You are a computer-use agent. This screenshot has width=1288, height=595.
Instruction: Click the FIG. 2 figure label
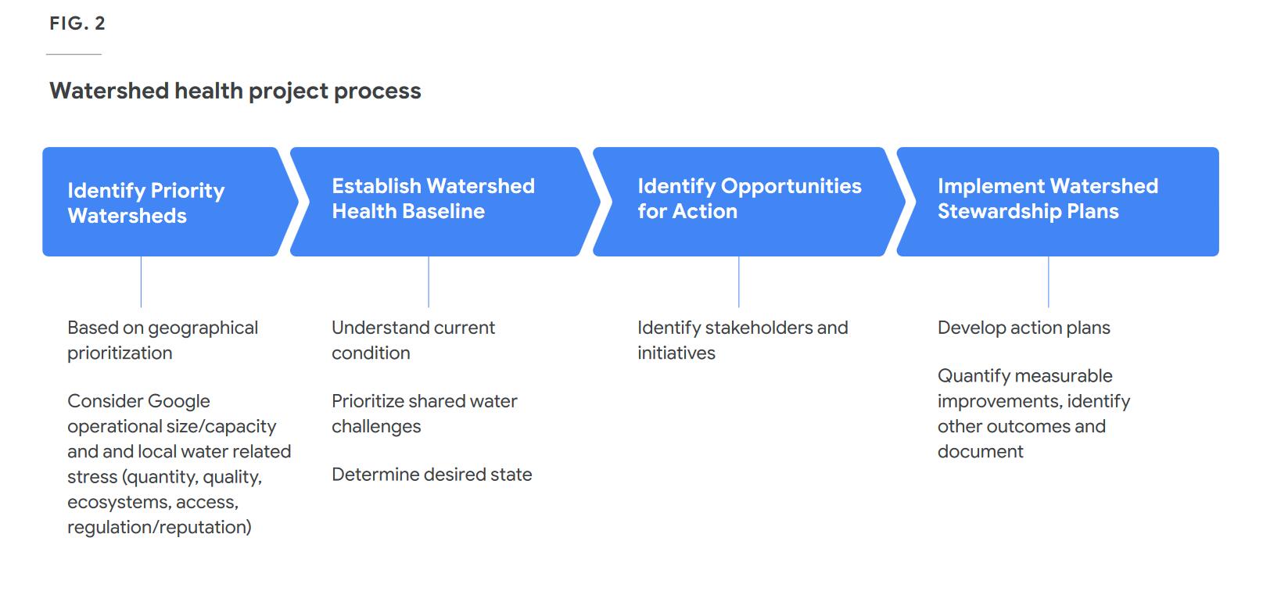77,23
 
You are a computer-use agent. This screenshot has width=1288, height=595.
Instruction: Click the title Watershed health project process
235,91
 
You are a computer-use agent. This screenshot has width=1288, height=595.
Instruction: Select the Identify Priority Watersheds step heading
146,203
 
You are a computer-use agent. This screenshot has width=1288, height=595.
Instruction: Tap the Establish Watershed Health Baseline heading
433,199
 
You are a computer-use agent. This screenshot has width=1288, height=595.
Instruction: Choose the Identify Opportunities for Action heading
750,199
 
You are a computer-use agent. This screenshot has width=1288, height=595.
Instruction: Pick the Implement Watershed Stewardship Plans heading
1048,199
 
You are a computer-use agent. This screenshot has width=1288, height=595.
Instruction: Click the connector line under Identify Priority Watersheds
141,281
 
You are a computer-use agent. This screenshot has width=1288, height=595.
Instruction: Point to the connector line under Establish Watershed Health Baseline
429,281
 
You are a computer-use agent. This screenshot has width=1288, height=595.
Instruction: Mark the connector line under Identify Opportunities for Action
739,281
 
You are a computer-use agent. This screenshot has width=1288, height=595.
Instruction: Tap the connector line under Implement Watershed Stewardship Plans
1048,281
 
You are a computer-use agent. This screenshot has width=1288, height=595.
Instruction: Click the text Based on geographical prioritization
163,340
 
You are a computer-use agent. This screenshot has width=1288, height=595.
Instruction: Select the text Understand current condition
413,340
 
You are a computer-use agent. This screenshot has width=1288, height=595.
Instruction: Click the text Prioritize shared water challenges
425,414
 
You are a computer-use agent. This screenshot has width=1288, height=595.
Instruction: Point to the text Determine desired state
432,475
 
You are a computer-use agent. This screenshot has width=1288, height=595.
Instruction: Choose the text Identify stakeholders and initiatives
743,340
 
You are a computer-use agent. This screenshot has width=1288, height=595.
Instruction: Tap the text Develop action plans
1024,328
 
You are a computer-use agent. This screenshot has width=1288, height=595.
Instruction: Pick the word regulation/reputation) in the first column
160,527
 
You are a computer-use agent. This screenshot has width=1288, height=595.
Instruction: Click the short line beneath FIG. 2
74,54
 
